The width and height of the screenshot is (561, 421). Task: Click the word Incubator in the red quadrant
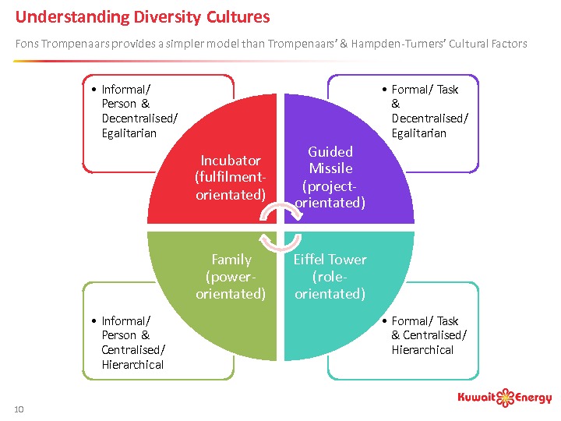tap(231, 161)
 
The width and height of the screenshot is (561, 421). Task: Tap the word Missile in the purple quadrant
tap(330, 168)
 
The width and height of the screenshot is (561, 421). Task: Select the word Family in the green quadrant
tap(231, 260)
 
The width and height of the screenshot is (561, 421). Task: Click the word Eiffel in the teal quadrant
tap(309, 260)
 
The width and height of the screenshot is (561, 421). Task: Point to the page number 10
tap(19, 409)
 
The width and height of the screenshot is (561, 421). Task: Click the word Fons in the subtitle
tap(26, 44)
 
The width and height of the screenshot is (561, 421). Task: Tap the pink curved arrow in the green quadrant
tap(269, 241)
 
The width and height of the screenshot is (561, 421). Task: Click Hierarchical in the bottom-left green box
tap(132, 365)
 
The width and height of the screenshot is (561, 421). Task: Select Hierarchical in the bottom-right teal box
tap(422, 350)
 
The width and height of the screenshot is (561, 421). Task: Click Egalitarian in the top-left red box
tap(129, 133)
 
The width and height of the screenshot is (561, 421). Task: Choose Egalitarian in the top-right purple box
tap(418, 133)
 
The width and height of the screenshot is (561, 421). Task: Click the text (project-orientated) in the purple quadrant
tap(330, 195)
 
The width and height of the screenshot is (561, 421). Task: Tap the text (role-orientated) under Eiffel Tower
tap(330, 285)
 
